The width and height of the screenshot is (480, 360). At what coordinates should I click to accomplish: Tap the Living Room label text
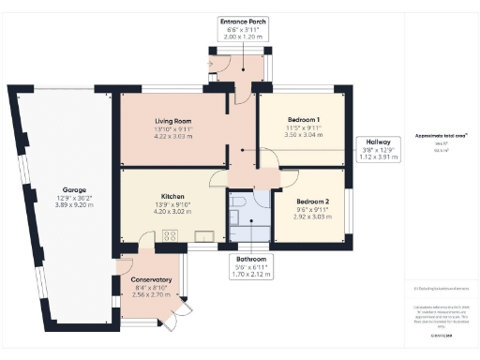(x=172, y=121)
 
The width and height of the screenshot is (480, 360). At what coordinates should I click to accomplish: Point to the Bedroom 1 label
(x=304, y=120)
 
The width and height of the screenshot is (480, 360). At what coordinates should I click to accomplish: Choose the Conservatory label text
(x=151, y=280)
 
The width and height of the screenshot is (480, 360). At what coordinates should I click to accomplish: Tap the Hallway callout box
(x=381, y=149)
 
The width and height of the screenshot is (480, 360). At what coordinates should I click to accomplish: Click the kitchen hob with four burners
(x=172, y=235)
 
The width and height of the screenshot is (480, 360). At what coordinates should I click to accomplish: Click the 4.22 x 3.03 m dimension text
(x=172, y=136)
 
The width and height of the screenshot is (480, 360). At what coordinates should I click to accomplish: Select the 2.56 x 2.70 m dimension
(x=151, y=294)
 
